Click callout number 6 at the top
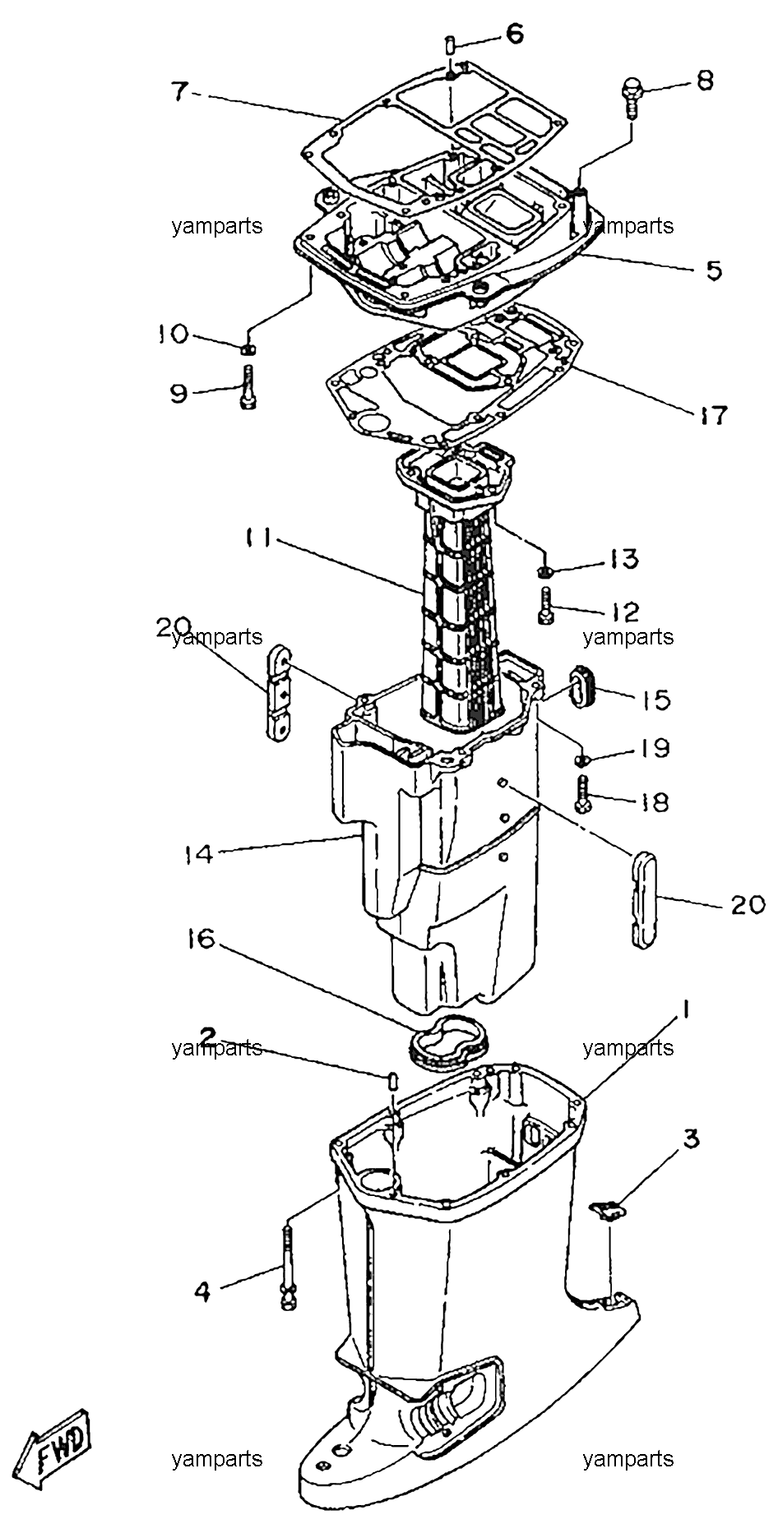point(513,34)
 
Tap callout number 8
point(705,81)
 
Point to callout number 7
point(181,90)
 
